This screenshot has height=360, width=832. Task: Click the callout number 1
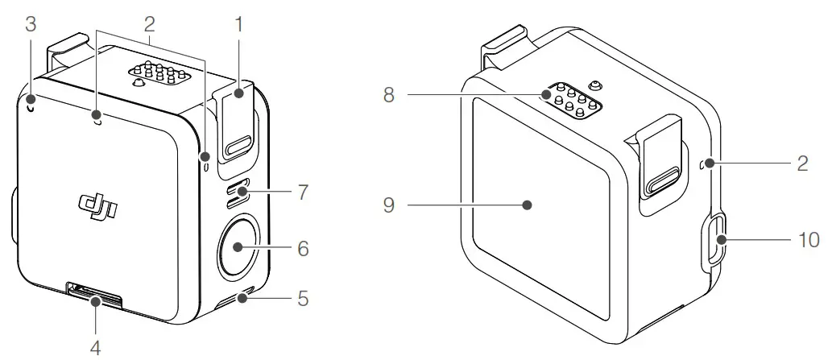click(238, 24)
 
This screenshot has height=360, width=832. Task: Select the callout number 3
click(31, 24)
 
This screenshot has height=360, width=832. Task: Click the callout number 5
click(303, 299)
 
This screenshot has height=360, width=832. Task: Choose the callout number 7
click(303, 193)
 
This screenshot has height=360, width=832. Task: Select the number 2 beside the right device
click(802, 163)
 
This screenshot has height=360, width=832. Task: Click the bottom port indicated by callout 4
click(96, 296)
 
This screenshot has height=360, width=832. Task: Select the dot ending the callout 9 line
click(528, 205)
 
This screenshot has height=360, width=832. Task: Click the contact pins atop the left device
click(160, 77)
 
